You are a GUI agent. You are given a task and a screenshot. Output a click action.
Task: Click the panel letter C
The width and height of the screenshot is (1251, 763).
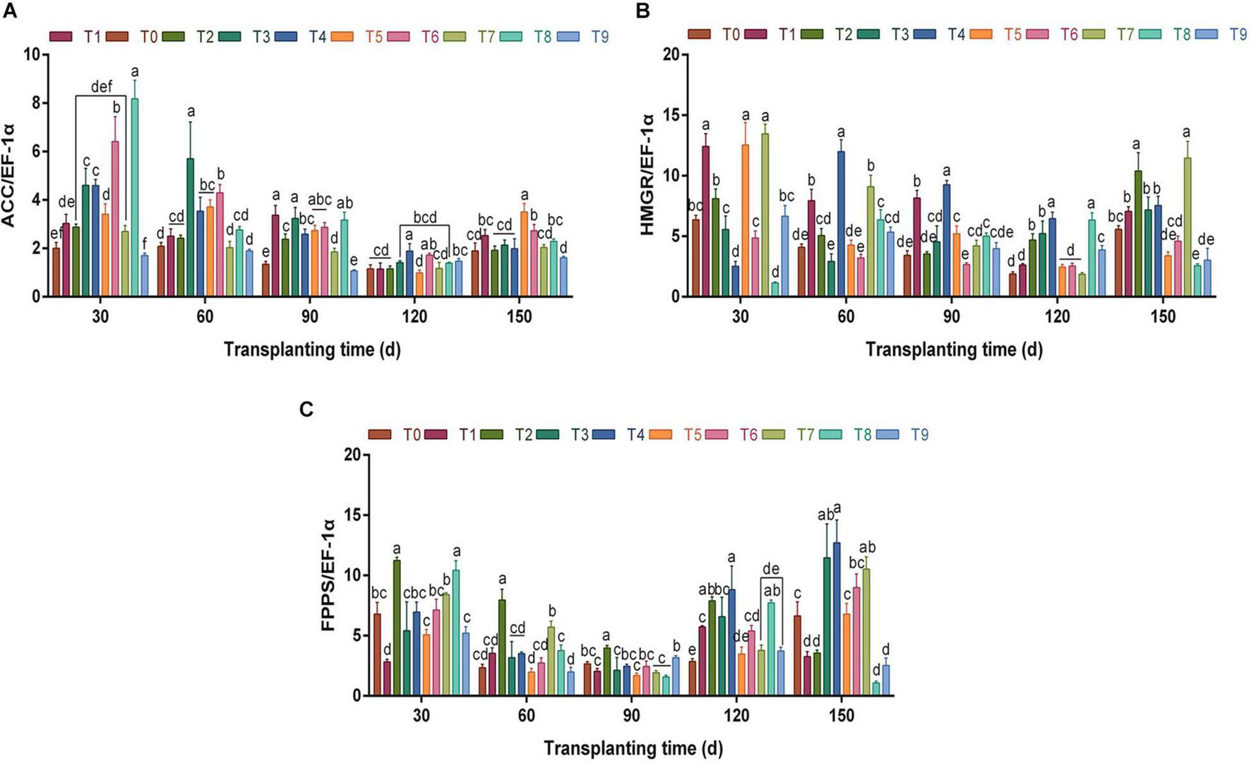coord(306,409)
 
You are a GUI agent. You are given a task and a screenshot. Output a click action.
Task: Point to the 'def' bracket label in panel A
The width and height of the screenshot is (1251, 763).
coord(102,87)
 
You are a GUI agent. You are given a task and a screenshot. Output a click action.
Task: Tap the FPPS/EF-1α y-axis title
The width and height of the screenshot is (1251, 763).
coord(329,575)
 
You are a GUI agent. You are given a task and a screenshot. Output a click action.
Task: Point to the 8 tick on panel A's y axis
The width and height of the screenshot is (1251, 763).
coord(33,103)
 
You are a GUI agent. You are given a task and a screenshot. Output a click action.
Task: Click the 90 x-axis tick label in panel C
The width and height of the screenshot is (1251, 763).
coord(631,716)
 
